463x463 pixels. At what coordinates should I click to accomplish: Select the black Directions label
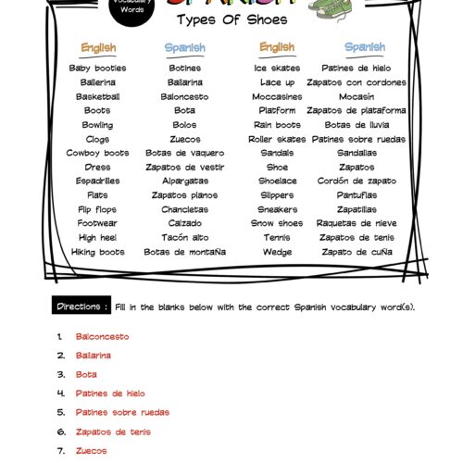(x=82, y=306)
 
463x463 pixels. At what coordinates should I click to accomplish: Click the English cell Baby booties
(x=97, y=69)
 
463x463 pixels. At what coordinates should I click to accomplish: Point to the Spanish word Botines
(x=184, y=69)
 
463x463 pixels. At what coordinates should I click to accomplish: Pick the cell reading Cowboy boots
(x=97, y=153)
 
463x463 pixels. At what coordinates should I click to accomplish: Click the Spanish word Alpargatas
(x=184, y=181)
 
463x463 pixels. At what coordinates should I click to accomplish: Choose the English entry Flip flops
(x=97, y=209)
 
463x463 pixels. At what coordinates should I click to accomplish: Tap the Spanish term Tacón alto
(x=184, y=237)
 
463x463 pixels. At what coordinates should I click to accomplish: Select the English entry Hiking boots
(x=97, y=252)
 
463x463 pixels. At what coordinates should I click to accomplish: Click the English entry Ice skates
(x=277, y=69)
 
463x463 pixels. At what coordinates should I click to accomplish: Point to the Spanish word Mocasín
(x=357, y=96)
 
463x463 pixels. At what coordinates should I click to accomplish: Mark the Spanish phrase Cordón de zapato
(x=357, y=181)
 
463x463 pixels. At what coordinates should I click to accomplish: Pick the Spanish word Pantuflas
(x=357, y=195)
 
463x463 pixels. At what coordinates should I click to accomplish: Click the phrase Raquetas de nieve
(x=357, y=223)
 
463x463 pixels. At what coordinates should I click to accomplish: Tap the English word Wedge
(x=277, y=252)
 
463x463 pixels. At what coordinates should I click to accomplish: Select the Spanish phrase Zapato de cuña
(x=357, y=252)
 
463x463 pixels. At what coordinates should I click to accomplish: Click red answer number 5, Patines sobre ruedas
(x=122, y=412)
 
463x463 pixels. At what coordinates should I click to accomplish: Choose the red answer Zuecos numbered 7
(x=90, y=450)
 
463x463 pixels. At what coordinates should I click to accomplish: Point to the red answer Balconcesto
(x=102, y=336)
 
